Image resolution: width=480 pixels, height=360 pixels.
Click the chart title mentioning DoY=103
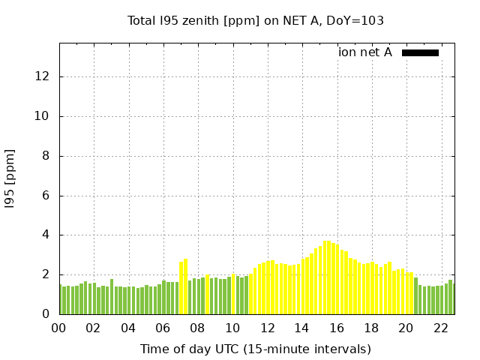point(256,21)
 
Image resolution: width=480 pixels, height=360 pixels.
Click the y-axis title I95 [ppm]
point(10,177)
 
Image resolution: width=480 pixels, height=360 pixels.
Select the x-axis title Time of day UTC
point(255,349)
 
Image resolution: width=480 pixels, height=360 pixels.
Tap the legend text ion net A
point(365,52)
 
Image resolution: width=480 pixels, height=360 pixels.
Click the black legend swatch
point(420,52)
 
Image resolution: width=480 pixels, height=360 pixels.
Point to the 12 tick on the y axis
point(42,76)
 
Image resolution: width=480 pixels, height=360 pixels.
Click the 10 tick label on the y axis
point(42,116)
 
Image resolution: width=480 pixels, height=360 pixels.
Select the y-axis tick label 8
point(46,156)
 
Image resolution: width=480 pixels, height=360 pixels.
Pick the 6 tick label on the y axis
point(46,196)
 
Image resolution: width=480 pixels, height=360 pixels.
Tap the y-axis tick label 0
point(46,314)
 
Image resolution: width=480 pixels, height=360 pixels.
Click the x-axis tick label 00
point(58,328)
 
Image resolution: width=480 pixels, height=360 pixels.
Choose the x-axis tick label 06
point(163,328)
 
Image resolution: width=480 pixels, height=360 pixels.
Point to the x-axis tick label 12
point(267,328)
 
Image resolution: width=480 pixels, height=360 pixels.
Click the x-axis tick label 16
point(337,328)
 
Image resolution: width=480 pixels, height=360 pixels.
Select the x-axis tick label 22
point(441,328)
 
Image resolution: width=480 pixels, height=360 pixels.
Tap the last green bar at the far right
point(451,298)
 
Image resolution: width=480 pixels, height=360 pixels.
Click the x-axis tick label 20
point(406,328)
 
